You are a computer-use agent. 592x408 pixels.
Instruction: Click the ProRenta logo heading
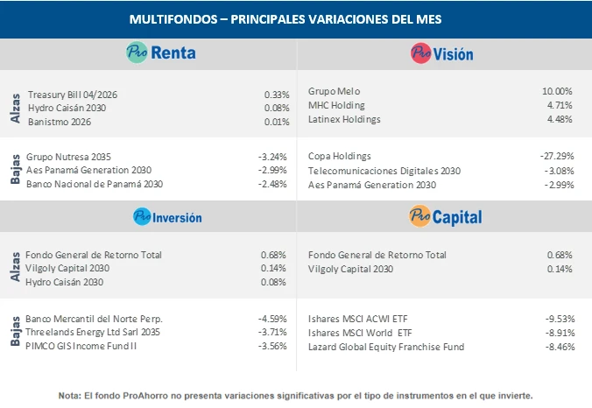(x=160, y=53)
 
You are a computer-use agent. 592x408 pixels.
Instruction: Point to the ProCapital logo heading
(x=445, y=216)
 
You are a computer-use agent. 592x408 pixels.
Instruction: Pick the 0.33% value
(x=276, y=94)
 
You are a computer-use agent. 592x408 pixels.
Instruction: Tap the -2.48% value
(x=272, y=184)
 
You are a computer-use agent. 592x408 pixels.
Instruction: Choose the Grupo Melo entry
(x=335, y=91)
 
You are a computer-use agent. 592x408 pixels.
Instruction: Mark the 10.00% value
(x=557, y=91)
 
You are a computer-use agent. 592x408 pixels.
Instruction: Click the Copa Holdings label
(x=340, y=156)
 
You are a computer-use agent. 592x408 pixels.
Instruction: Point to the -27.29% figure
(x=556, y=156)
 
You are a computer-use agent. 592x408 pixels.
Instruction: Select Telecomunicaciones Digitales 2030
(x=384, y=171)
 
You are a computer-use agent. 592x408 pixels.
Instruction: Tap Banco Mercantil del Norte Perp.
(x=95, y=318)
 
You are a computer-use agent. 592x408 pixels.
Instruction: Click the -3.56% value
(x=272, y=347)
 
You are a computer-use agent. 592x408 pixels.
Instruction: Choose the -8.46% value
(x=557, y=347)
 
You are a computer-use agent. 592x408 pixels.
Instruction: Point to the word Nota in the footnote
(x=69, y=395)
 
